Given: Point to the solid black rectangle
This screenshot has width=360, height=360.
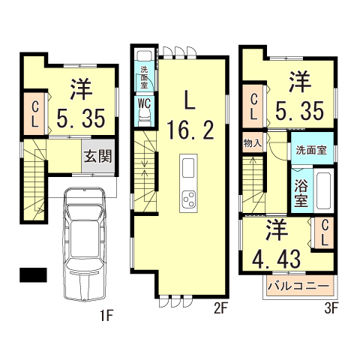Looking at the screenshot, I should tap(33, 274).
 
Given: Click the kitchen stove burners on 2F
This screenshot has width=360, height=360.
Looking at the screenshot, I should tap(187, 199).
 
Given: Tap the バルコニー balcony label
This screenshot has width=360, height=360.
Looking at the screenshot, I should tap(298, 287).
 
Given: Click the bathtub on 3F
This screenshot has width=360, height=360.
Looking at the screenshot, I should tap(323, 191).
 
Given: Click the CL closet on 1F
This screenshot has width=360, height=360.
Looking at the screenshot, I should tap(34, 113).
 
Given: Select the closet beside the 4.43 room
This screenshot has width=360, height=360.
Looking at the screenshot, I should tap(325, 233).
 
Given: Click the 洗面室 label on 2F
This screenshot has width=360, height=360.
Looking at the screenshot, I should tap(143, 76).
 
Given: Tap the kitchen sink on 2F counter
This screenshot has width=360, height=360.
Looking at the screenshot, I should tap(187, 166).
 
